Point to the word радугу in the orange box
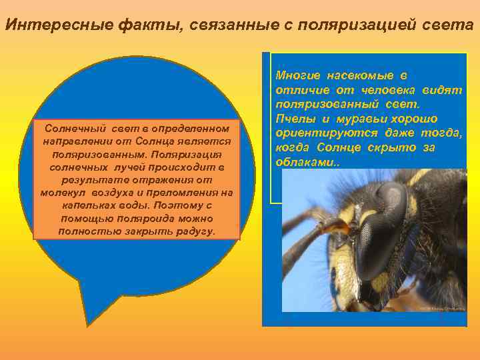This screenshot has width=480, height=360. coord(194,231)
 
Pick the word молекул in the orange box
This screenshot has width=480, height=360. coord(64,193)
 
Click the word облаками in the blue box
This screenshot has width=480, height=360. coord(300,162)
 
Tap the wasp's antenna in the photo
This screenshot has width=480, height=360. coord(313,223)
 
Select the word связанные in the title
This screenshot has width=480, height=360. coord(218,26)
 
